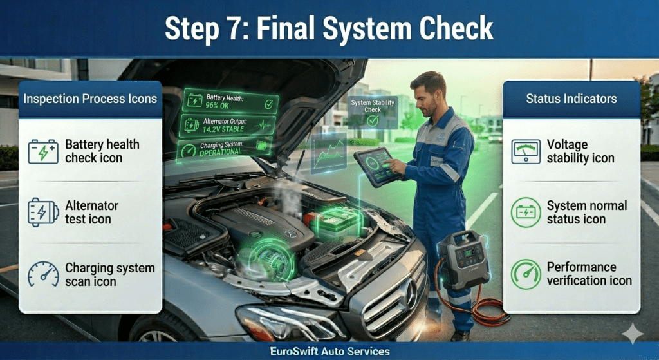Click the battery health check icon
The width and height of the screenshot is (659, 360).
(x=43, y=152)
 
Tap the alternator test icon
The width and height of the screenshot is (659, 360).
(x=43, y=213)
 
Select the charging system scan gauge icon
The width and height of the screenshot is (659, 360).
(x=43, y=274)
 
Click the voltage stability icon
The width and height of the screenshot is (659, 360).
(x=526, y=152)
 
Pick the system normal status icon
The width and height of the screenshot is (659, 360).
(x=526, y=213)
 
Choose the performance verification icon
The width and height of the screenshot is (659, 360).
(x=526, y=274)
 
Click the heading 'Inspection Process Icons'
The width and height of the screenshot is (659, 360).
(x=90, y=99)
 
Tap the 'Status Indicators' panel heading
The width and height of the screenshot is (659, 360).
(x=571, y=99)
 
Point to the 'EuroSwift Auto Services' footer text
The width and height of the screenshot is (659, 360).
(x=329, y=352)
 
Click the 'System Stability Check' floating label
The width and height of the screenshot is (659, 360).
(x=373, y=106)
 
